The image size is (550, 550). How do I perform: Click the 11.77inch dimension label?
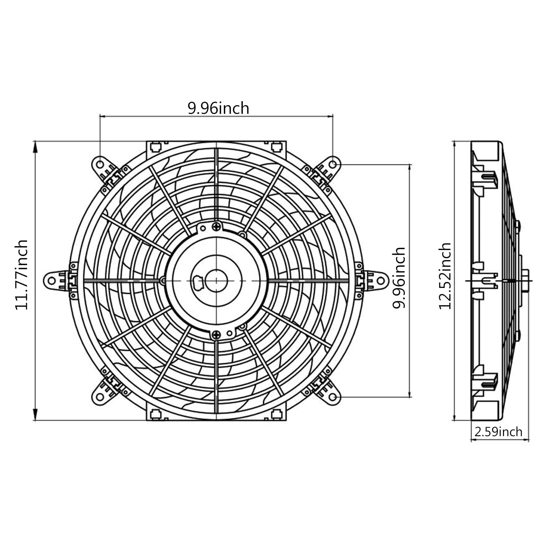click(x=22, y=274)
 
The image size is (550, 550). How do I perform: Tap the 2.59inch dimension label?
click(x=498, y=432)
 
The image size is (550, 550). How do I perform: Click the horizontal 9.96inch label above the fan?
click(x=218, y=108)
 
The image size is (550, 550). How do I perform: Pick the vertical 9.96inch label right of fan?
click(x=398, y=278)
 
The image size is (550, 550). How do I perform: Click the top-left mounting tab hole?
click(x=100, y=164)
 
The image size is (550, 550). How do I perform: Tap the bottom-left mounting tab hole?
click(x=100, y=397)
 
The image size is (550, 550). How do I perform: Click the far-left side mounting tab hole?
click(x=51, y=281)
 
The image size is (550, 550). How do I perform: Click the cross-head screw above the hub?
click(x=217, y=227)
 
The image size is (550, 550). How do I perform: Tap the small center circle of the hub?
click(x=216, y=281)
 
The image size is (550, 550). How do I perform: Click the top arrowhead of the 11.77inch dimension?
click(x=35, y=146)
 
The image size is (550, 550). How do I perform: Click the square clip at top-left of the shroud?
click(x=155, y=147)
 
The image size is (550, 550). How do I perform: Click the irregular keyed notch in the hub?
click(x=198, y=282)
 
